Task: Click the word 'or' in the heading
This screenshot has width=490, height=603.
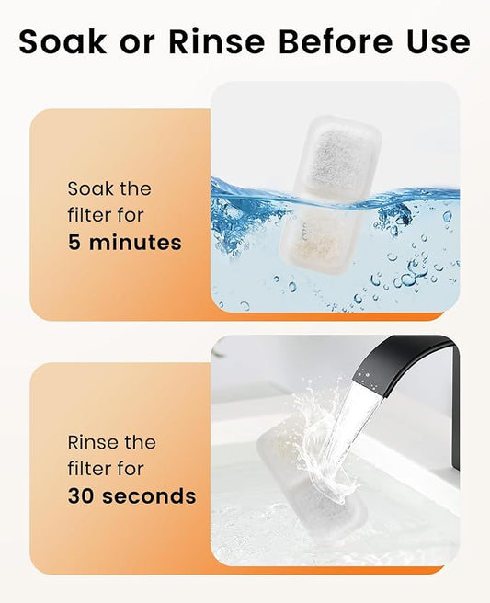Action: (x=132, y=42)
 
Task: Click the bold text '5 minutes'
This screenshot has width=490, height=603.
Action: (x=124, y=243)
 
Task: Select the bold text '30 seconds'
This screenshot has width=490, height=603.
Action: (x=131, y=496)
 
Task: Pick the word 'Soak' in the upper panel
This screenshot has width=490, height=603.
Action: (x=90, y=188)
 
